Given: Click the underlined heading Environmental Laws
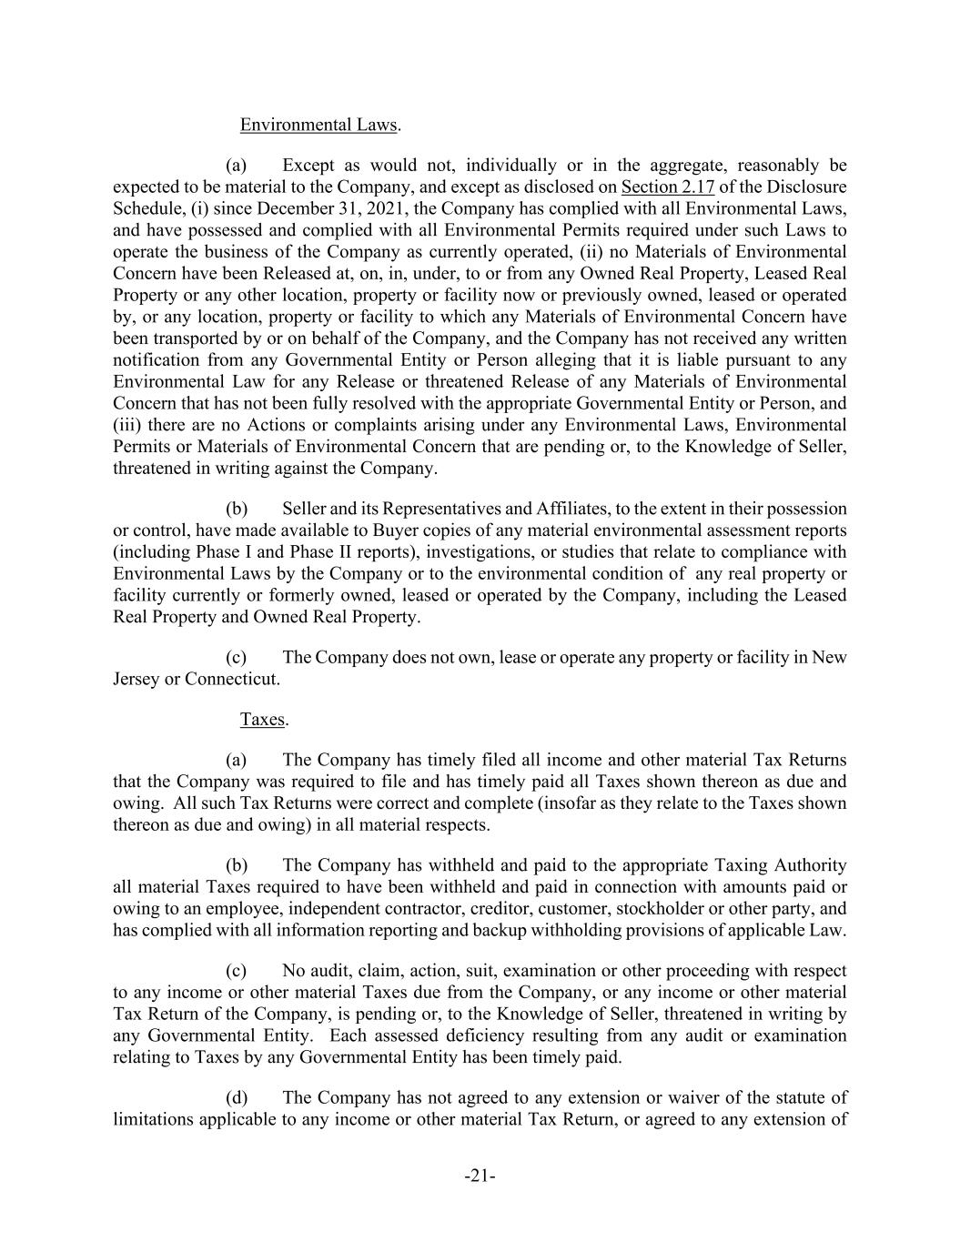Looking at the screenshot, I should [318, 125].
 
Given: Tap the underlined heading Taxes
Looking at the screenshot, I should [262, 719].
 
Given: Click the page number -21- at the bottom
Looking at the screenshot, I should [480, 1176].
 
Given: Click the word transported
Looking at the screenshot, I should [200, 338].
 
